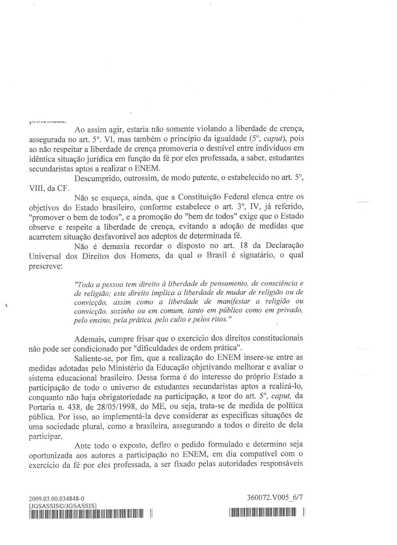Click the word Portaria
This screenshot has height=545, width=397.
[x=43, y=406]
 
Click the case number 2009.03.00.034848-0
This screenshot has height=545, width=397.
[x=56, y=498]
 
